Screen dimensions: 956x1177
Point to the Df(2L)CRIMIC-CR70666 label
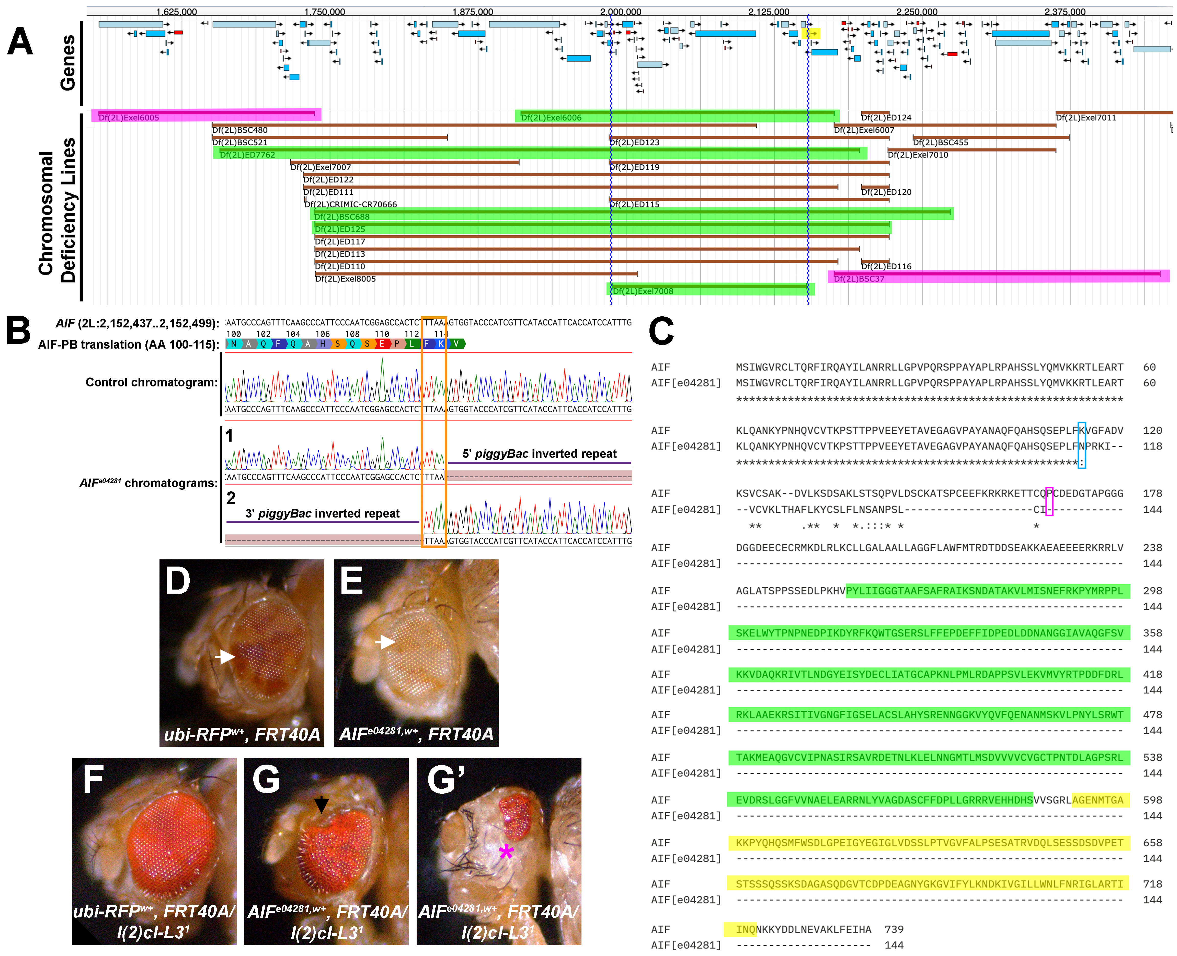coord(351,204)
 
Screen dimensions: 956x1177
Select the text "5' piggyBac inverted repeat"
coord(539,454)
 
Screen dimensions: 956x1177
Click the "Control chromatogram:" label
coord(152,382)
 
